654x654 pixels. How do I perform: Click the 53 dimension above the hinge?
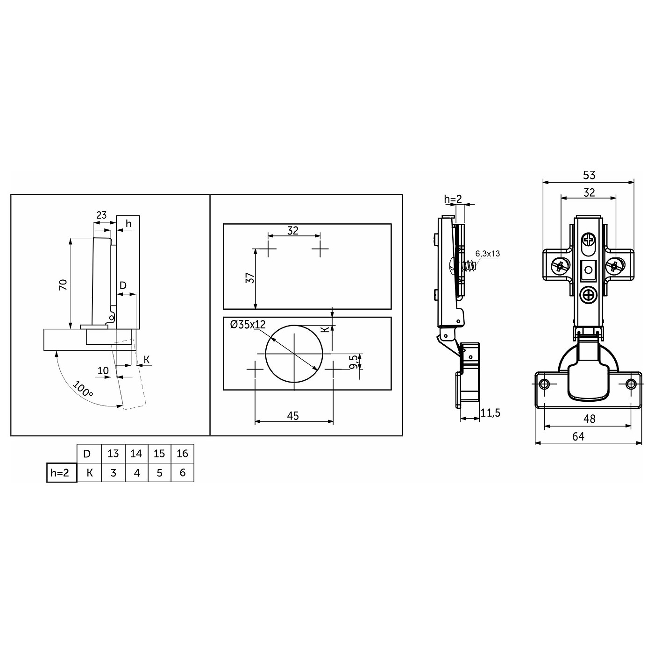click(589, 175)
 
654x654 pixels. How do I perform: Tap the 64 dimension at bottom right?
click(578, 436)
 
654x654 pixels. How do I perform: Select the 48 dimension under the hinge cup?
click(589, 419)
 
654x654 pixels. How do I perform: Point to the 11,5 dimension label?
click(491, 412)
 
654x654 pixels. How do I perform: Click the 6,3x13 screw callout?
click(488, 254)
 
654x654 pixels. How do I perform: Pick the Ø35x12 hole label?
click(248, 325)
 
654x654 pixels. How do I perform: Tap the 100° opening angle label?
click(83, 389)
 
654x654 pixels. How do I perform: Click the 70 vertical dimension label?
click(64, 284)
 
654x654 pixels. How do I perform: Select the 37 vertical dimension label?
click(250, 278)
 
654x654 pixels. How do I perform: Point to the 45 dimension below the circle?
click(293, 416)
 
